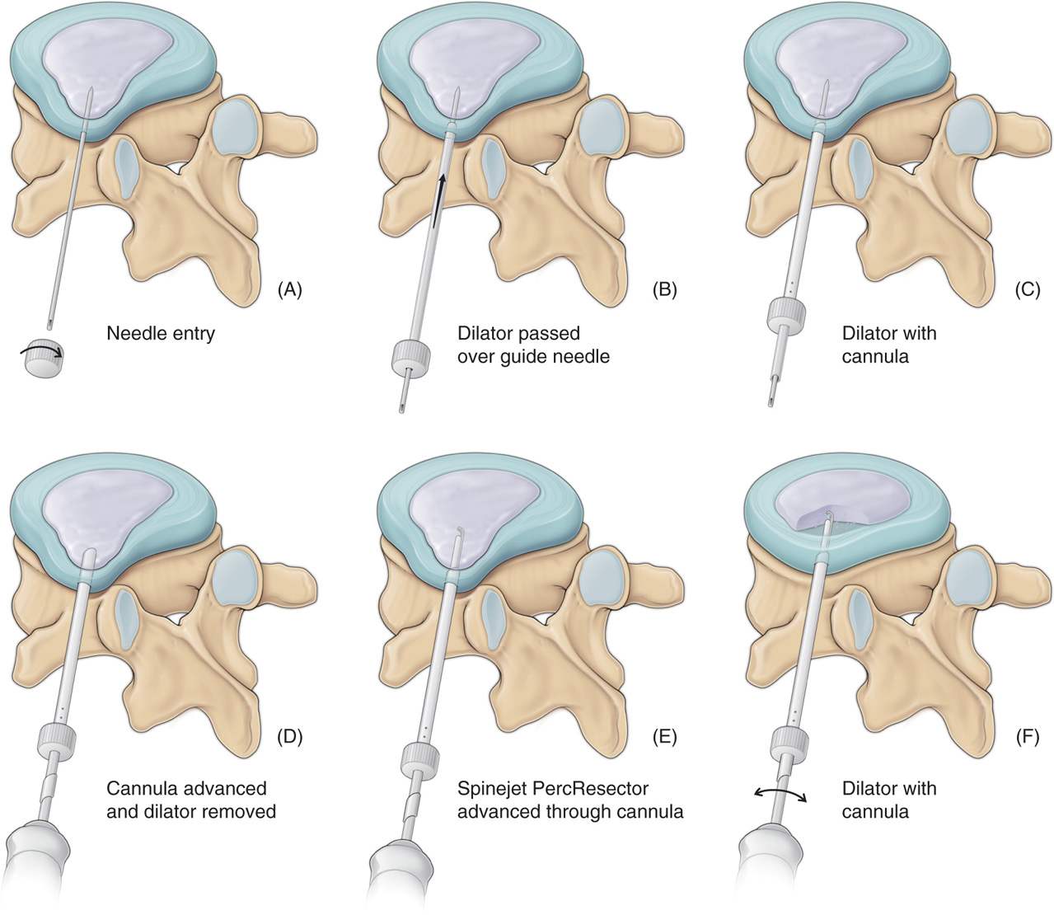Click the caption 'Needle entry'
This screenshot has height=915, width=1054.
tap(160, 335)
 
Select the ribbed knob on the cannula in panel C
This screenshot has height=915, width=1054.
tap(785, 317)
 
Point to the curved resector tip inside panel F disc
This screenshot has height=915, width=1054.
tap(827, 518)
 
